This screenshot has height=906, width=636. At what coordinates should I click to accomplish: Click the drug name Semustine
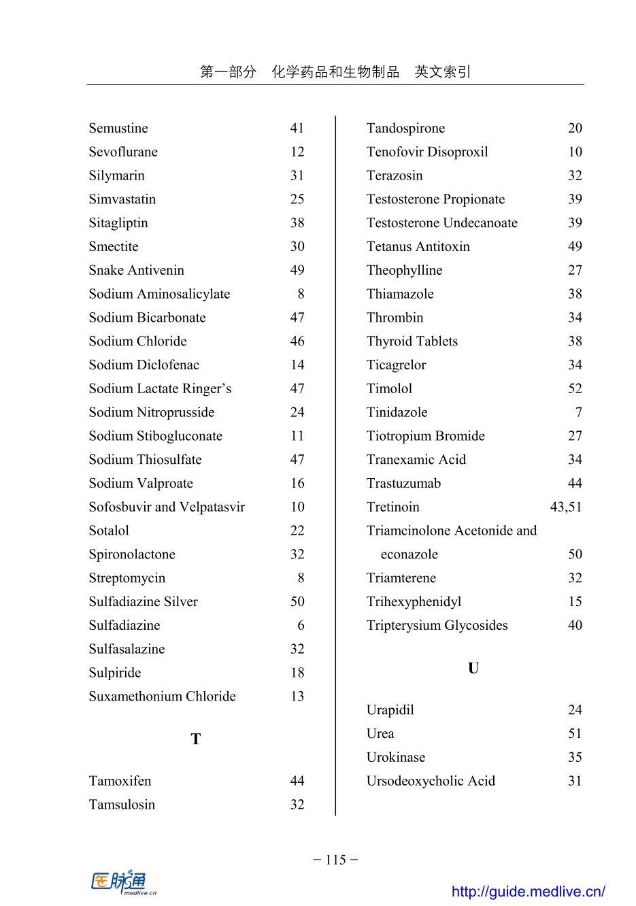coord(118,128)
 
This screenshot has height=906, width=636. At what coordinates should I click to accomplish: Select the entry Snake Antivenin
coord(136,270)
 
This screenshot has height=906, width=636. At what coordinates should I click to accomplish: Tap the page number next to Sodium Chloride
coord(297,341)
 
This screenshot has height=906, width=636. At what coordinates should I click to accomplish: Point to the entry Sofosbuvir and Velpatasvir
coord(167,507)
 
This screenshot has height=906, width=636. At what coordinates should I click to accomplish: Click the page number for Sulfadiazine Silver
coord(297,602)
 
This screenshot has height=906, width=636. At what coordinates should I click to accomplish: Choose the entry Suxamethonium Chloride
coord(162,697)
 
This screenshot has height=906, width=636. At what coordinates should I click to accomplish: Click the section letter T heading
coord(196,739)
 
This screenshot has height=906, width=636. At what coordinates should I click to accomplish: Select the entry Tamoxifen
coord(120,781)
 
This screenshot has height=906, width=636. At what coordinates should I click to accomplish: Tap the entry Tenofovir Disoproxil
coord(427,152)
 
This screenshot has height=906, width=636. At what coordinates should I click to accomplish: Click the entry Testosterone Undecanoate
coord(441,223)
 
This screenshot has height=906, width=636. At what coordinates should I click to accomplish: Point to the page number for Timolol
coord(575,388)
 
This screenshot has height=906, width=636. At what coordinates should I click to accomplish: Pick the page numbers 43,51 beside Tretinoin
coord(566,507)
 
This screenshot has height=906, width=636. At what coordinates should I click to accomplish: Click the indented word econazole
coord(409,554)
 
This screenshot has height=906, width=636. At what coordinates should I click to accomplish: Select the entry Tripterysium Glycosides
coord(437,625)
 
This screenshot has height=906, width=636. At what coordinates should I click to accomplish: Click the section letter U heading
coord(473,669)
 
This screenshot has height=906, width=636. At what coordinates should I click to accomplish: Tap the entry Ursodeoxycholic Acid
coord(431,781)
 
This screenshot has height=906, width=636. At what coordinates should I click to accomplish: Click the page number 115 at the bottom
coord(335,860)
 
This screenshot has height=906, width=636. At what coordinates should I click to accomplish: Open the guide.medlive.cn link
coord(528,891)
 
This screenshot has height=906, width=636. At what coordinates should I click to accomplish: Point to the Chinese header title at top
coord(335,72)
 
